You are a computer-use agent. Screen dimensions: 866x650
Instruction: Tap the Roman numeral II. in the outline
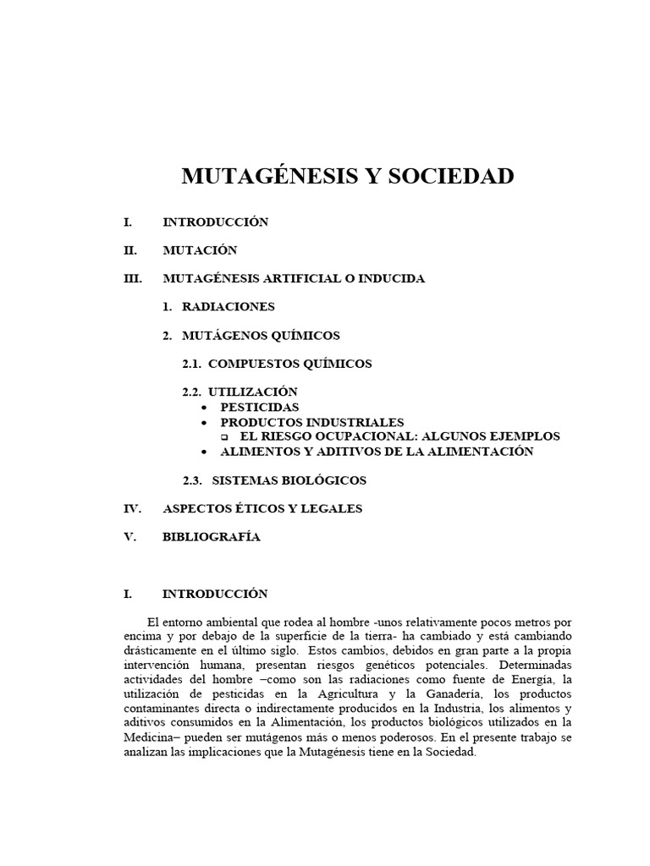pyautogui.click(x=130, y=250)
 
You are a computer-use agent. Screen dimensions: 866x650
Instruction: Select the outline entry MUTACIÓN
pyautogui.click(x=200, y=250)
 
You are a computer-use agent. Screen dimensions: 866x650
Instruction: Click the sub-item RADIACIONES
pyautogui.click(x=228, y=307)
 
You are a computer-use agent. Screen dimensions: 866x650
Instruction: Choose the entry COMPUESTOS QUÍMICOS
pyautogui.click(x=289, y=364)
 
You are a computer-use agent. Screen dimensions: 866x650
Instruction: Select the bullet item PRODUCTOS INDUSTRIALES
pyautogui.click(x=312, y=422)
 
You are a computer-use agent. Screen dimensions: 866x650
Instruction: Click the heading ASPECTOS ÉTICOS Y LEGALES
pyautogui.click(x=262, y=509)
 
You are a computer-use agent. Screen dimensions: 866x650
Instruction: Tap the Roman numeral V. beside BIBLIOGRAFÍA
pyautogui.click(x=129, y=537)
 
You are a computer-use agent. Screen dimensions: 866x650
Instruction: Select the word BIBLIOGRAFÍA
pyautogui.click(x=212, y=537)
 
